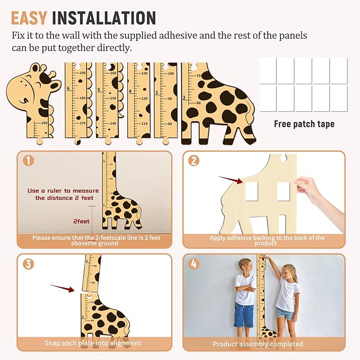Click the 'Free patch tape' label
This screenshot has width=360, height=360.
(304, 124)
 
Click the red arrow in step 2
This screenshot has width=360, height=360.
(230, 181)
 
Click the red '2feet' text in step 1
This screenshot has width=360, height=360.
(81, 221)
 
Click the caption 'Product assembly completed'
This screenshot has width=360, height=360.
(258, 344)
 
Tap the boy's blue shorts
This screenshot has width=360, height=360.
(244, 315)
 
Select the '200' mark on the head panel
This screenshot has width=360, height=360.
(43, 123)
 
